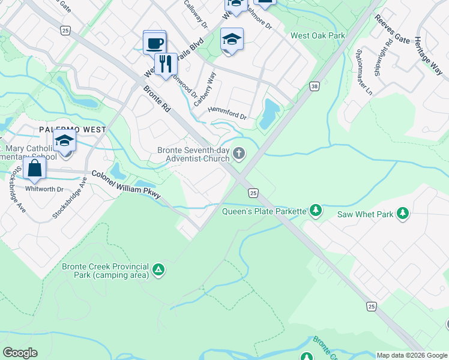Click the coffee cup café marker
pos(155,43)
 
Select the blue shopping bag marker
pos(35,170)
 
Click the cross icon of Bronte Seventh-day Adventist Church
pos(239,154)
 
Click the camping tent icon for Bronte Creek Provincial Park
pos(158,271)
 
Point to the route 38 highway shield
pos(314,86)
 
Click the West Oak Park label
pos(318,35)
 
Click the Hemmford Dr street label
pos(227,112)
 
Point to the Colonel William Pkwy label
pos(126,183)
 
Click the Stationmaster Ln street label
pos(364,72)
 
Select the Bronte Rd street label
pos(158,101)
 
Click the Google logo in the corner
pos(20,353)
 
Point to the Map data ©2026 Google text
pos(412,355)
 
